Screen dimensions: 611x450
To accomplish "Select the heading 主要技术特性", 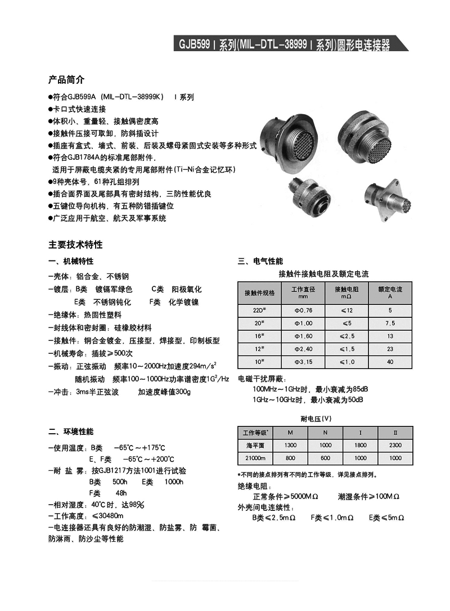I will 75,245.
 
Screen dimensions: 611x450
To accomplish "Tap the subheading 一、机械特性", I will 71,262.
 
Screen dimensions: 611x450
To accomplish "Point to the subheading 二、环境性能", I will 71,432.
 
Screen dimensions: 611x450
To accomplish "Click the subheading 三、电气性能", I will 260,262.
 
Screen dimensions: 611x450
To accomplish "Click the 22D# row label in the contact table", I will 259,310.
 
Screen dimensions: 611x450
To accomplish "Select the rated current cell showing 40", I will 390,362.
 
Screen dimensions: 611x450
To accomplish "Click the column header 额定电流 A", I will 390,292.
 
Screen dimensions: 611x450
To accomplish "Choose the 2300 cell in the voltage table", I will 395,445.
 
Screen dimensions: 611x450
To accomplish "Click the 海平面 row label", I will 255,445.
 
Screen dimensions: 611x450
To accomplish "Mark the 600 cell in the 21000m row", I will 325,459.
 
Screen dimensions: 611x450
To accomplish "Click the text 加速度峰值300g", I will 164,392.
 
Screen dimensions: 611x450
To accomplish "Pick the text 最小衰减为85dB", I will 341,389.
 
